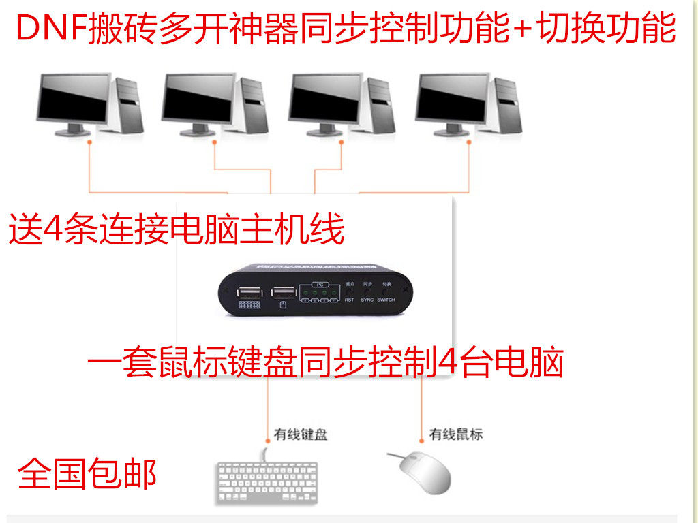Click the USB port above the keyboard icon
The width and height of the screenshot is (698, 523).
pyautogui.click(x=250, y=294)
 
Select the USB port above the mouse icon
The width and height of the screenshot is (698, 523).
pyautogui.click(x=283, y=294)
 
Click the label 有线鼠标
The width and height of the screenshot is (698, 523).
pyautogui.click(x=456, y=433)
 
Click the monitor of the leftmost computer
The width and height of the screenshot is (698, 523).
pyautogui.click(x=72, y=99)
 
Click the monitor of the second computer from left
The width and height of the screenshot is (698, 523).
pyautogui.click(x=198, y=99)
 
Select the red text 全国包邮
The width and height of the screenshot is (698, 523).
pyautogui.click(x=87, y=474)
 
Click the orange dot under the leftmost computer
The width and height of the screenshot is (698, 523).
pyautogui.click(x=89, y=142)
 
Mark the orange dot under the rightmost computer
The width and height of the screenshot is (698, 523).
pyautogui.click(x=469, y=142)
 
